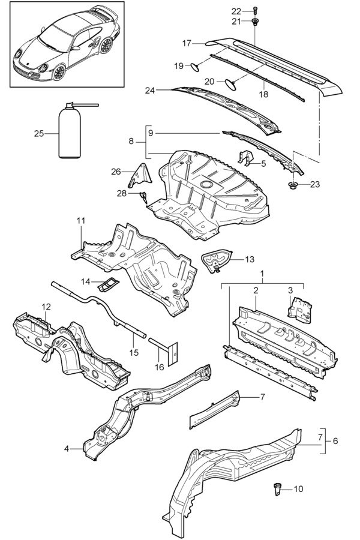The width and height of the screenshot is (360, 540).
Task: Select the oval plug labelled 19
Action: pos(195,67)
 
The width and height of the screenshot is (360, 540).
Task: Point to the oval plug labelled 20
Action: pos(230,84)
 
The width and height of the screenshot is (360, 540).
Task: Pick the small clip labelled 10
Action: pos(277,488)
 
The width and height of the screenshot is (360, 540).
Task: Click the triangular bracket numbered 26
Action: pos(140,176)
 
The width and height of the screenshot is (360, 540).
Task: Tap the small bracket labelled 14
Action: pos(108,284)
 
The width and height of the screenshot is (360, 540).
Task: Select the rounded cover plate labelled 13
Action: pos(215,260)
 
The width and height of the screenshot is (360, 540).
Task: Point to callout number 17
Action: pos(187,43)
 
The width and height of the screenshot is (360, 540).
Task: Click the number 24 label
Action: pos(150,90)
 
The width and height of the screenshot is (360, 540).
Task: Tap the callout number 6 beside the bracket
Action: pos(335,441)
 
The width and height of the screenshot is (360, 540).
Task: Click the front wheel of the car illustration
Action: pos(59,72)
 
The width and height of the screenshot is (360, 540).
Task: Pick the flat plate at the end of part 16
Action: pos(172,353)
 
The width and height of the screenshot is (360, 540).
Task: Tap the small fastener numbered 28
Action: pos(143,197)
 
